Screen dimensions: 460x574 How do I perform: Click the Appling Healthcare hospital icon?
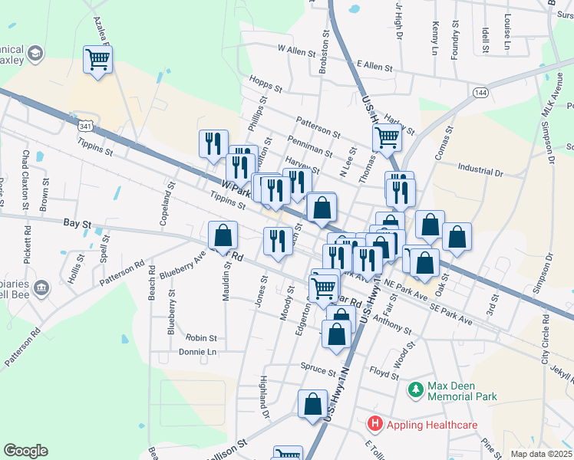374,422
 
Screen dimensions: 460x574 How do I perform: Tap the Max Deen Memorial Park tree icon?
415,390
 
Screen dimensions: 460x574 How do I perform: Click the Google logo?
25,451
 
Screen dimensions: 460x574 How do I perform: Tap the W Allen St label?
297,51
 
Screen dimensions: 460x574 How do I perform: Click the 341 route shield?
87,126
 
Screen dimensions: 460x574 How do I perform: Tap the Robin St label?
202,337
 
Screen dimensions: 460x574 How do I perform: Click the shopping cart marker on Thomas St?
387,138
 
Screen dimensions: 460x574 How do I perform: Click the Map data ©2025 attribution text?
540,454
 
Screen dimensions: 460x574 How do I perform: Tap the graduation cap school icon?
35,53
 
